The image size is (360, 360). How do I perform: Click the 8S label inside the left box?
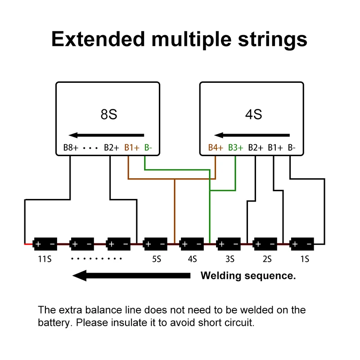pos(108,114)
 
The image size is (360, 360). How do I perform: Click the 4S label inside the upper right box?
pos(253,114)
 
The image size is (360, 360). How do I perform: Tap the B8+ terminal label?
pos(71,147)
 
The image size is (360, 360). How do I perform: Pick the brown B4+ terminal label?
pos(216,147)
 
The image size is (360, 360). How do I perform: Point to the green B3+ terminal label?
pos(235,147)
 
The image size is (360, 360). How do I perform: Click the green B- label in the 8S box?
pos(148,147)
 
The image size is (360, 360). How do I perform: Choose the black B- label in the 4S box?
pos(292,147)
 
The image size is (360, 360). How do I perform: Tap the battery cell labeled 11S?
pos(45,244)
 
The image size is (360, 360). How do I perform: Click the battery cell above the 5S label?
pos(156,244)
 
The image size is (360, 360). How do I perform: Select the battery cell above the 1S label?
pos(301,244)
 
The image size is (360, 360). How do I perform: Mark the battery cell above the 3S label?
pos(229,244)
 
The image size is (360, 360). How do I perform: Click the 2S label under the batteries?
pos(267,259)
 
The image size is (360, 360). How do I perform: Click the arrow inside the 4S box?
pos(252,135)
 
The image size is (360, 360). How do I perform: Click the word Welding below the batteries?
pos(220,275)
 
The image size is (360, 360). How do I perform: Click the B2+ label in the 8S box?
pos(111,147)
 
